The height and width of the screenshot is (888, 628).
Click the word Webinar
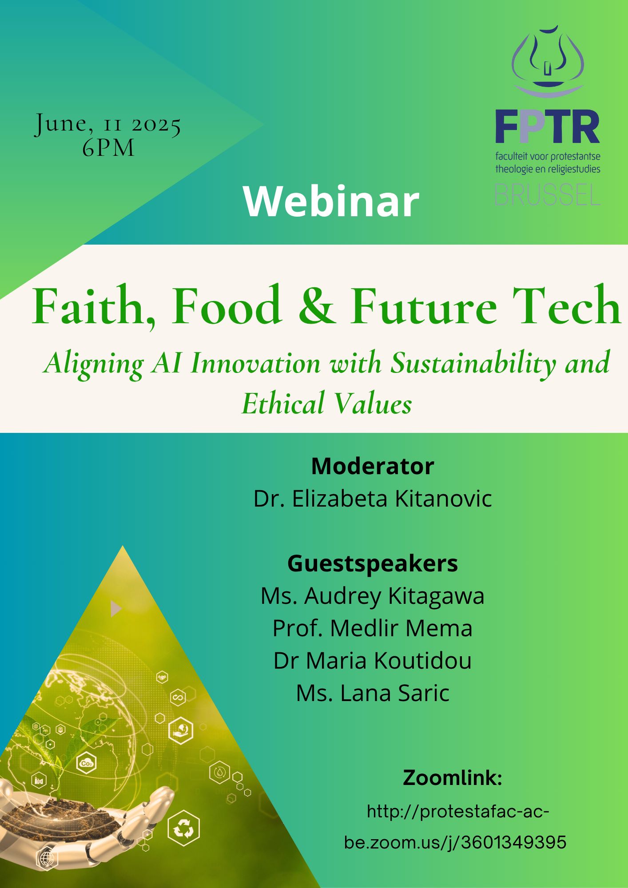point(331,201)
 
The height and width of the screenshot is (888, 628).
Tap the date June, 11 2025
point(108,125)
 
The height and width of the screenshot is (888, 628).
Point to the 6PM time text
point(108,148)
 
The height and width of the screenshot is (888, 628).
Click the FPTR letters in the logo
point(548,127)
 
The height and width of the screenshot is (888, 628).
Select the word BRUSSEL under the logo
point(548,194)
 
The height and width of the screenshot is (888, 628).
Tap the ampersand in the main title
point(316,305)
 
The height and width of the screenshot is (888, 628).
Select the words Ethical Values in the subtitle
point(326,403)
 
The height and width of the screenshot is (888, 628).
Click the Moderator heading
point(373,466)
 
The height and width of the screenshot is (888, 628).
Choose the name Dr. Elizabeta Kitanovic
point(373,499)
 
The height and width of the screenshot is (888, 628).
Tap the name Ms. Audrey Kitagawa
point(373,596)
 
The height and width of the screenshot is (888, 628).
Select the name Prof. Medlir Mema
point(373,628)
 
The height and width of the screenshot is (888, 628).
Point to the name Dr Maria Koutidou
point(373,661)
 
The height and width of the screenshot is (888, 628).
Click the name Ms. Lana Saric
point(373,693)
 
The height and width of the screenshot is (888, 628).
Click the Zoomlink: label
point(453,778)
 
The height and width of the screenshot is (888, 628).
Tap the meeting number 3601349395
point(514,842)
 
